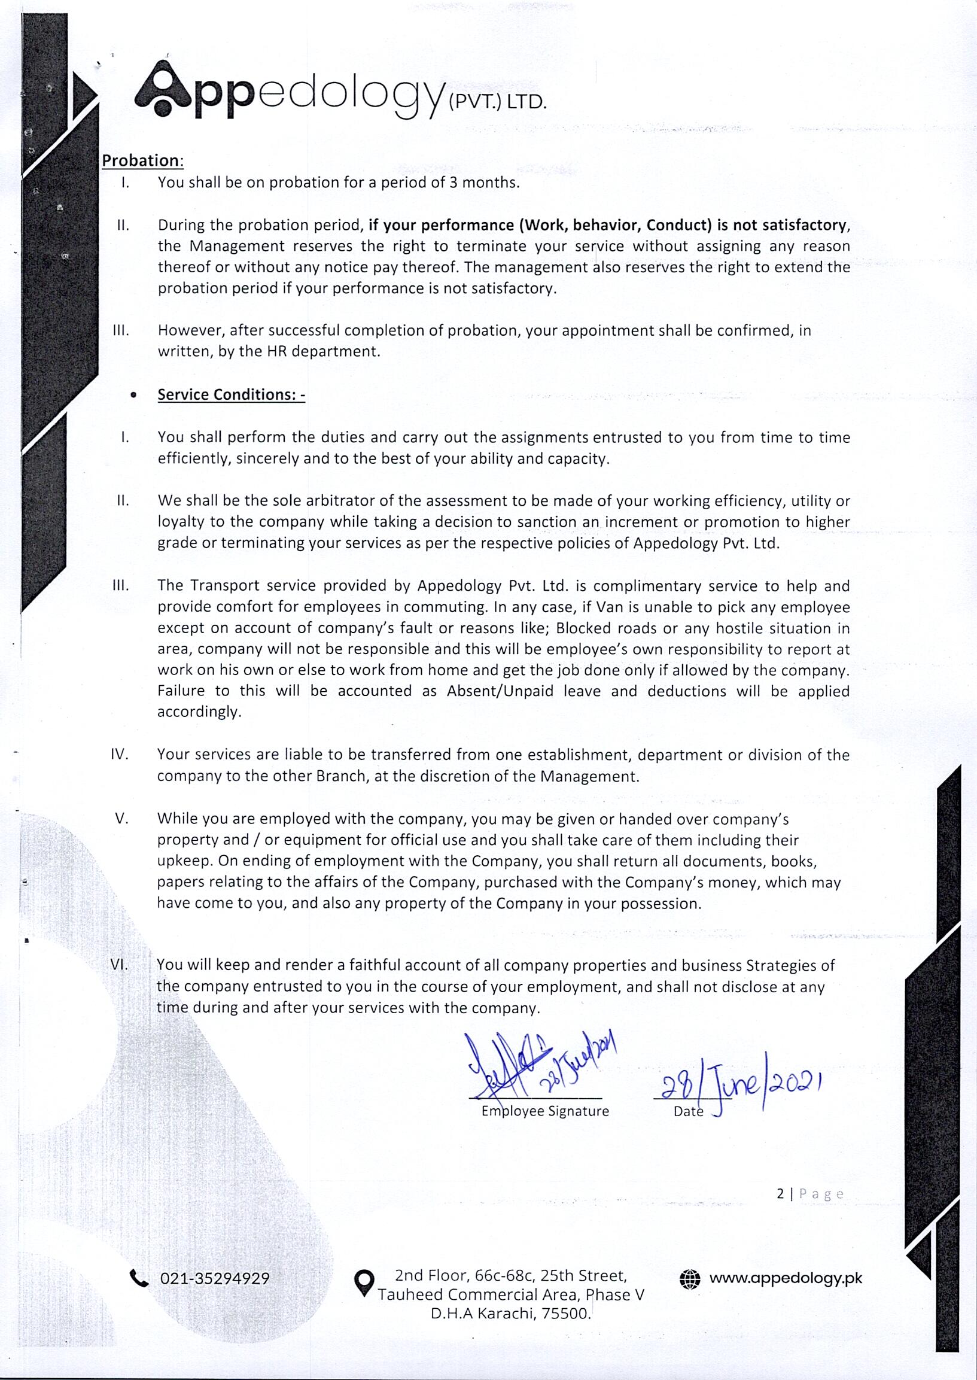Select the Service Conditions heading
tap(231, 394)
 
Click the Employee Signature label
tap(545, 1111)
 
